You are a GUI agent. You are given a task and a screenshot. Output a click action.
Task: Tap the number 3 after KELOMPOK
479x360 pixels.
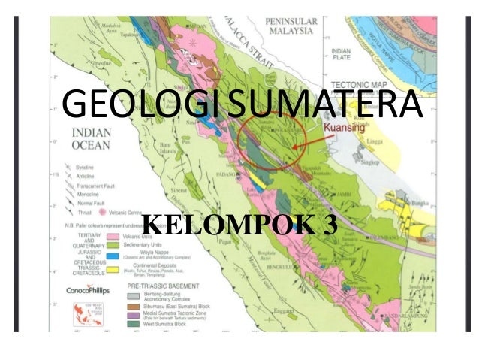(x=327, y=224)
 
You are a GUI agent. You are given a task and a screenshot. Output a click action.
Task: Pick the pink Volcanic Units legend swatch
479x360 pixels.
(x=110, y=235)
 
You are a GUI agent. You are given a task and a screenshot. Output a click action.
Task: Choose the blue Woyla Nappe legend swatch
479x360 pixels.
(x=110, y=255)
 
